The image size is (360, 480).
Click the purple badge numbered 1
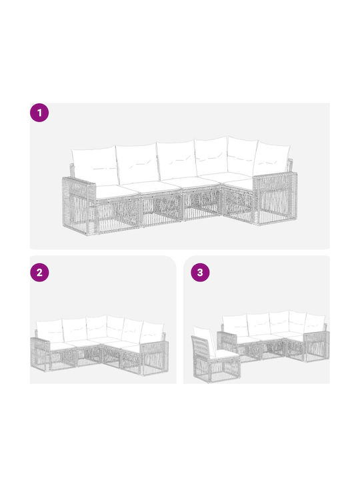(39, 113)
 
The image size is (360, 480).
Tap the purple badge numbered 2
(39, 272)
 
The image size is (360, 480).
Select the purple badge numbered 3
(200, 272)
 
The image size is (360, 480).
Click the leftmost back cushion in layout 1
(95, 165)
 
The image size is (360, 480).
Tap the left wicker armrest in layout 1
(79, 206)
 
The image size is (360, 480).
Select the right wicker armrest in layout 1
(275, 198)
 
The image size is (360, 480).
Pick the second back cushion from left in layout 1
(139, 163)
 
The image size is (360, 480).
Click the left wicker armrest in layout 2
(40, 354)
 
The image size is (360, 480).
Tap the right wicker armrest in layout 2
(154, 357)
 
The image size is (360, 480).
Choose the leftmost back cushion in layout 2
(50, 331)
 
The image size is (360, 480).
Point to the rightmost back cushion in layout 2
(152, 332)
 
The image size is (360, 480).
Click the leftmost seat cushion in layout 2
(62, 347)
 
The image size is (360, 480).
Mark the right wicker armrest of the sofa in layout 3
(317, 346)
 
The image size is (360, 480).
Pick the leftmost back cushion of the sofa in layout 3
(235, 325)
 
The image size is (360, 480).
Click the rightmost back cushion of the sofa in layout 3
(315, 323)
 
